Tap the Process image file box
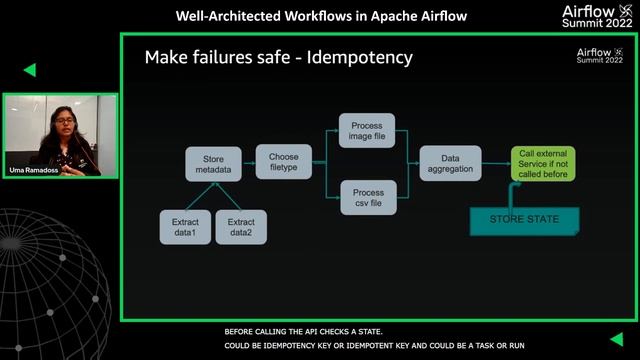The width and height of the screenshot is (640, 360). tap(367, 130)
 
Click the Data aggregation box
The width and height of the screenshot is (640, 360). tap(449, 164)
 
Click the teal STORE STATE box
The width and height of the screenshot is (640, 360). tap(524, 220)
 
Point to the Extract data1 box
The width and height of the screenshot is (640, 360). tap(184, 227)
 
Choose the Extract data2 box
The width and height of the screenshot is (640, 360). tap(240, 227)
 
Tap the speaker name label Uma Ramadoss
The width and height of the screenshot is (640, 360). tap(31, 171)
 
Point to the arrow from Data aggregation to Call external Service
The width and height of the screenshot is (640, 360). tap(496, 164)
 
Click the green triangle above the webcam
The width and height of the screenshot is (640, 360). tap(30, 70)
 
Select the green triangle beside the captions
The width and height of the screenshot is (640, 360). tap(616, 338)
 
